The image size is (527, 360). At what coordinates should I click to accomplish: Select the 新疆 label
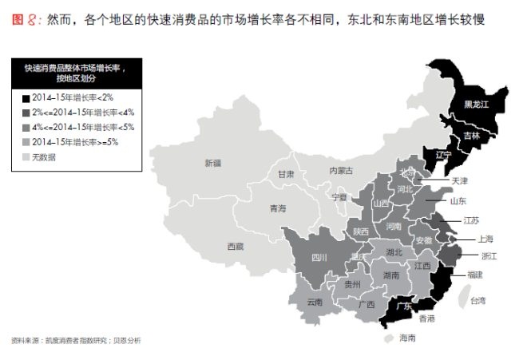(x=212, y=163)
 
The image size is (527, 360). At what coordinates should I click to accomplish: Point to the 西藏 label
(x=235, y=246)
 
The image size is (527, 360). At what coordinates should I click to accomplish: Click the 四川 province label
(x=319, y=258)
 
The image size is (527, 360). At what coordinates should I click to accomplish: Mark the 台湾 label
(x=477, y=300)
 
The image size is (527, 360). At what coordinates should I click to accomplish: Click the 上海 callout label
(x=485, y=238)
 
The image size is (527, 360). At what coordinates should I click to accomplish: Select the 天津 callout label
(x=460, y=181)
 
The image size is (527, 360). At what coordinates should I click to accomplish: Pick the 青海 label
(x=277, y=208)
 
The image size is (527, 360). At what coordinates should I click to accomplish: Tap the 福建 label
(x=474, y=275)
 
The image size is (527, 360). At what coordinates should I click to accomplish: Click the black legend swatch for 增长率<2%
(x=26, y=97)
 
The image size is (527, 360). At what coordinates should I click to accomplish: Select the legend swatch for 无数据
(x=26, y=157)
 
